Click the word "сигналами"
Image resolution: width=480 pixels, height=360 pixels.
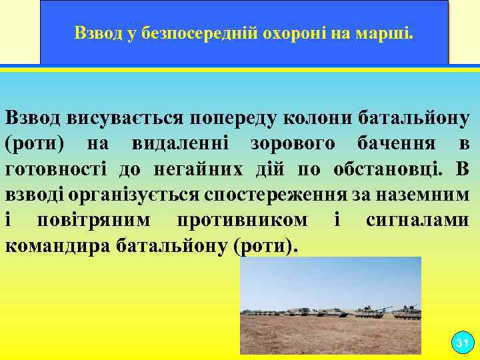pyautogui.click(x=417, y=220)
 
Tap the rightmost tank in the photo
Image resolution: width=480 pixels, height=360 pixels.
pyautogui.click(x=407, y=311)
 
